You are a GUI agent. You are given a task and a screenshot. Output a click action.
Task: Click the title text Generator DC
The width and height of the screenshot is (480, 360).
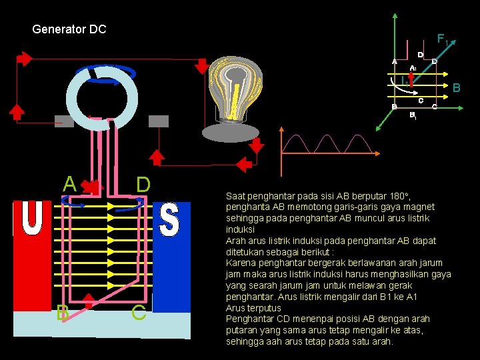tap(69, 30)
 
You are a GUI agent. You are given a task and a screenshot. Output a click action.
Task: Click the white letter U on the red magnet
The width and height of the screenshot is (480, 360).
tap(31, 218)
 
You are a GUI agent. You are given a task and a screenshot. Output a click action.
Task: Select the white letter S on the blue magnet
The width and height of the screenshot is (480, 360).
tap(170, 219)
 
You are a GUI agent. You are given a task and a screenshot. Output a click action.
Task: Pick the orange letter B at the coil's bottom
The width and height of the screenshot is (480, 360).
tap(63, 312)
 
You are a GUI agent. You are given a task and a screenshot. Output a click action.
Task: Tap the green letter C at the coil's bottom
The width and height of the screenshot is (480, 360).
tap(139, 312)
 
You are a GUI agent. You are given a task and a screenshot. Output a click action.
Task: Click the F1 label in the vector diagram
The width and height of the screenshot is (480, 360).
tap(442, 39)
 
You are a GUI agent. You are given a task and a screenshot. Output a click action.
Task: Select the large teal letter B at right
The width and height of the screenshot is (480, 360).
tap(457, 87)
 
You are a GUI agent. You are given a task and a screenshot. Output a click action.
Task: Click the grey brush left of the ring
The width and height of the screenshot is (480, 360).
tap(64, 121)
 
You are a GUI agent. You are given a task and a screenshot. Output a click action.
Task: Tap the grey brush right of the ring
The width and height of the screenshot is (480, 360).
tap(159, 121)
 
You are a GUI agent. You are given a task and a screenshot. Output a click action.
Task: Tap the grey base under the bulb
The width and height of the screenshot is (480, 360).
tap(230, 133)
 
